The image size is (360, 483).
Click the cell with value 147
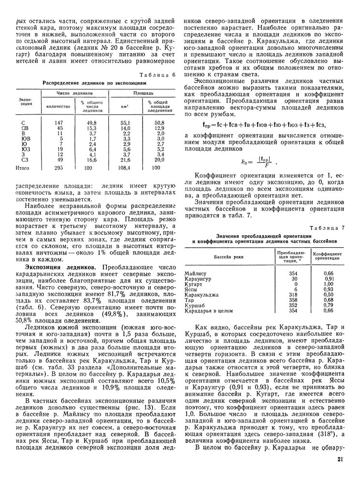[x=59, y=123]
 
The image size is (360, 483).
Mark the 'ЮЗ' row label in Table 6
[x=23, y=150]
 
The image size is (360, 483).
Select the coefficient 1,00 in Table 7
[x=329, y=284]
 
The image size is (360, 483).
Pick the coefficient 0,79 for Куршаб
[x=329, y=305]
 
